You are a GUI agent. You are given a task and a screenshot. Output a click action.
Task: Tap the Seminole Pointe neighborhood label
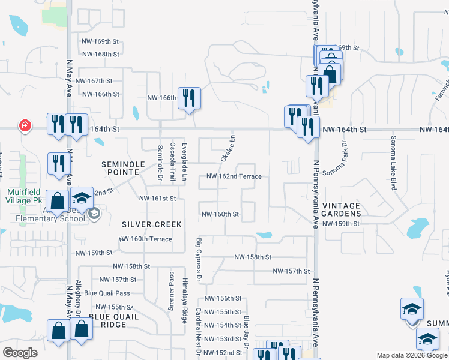coord(124,168)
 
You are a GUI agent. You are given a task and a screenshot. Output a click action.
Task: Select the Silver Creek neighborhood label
coord(151,224)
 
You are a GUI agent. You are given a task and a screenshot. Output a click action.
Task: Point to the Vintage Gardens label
coord(342,209)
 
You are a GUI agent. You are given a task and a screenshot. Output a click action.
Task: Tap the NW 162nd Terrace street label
coord(234,176)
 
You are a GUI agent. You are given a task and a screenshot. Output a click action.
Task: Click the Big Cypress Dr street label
coord(199,259)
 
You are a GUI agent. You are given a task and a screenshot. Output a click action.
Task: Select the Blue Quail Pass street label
coord(107,293)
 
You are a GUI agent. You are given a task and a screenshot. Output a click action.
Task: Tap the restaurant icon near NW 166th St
coord(190,97)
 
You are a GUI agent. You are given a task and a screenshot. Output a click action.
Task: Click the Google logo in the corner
coord(20,353)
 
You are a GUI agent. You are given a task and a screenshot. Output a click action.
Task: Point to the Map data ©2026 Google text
coord(412,355)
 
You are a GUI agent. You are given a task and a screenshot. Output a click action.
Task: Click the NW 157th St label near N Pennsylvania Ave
coord(291,271)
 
